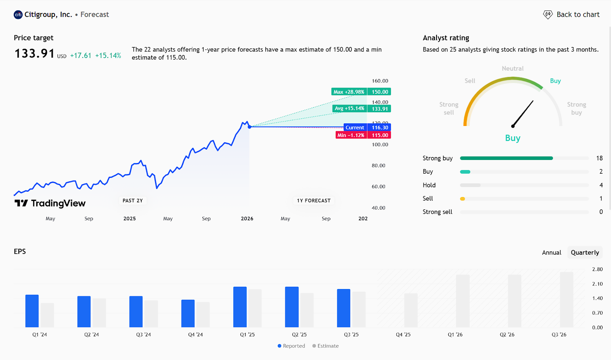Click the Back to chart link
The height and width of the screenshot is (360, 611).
point(572,15)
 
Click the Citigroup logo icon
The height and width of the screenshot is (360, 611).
point(18,15)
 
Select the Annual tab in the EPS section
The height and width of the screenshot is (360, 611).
point(551,252)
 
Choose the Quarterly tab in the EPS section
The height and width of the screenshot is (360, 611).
point(585,252)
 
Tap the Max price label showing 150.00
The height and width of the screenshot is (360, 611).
point(380,92)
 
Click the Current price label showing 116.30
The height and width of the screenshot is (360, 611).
point(380,128)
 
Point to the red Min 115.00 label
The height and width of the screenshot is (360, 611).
point(363,135)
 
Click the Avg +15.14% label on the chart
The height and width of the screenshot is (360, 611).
point(349,108)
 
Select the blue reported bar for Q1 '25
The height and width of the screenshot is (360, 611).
point(240,307)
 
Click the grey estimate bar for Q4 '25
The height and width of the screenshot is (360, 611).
point(411,310)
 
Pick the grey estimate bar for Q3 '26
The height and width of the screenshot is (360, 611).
point(566,299)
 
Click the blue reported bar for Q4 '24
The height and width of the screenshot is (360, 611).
point(188,313)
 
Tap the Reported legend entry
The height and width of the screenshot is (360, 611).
point(291,346)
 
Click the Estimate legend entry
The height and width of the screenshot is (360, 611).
point(325,346)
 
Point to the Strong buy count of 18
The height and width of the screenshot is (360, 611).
point(599,158)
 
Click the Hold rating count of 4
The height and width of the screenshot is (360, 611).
point(601,185)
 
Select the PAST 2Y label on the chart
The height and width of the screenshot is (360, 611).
point(133,200)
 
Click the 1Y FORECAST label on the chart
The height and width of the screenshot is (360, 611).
point(314,200)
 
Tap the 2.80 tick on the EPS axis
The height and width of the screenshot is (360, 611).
point(597,269)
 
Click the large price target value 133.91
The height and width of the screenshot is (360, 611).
point(35,54)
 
